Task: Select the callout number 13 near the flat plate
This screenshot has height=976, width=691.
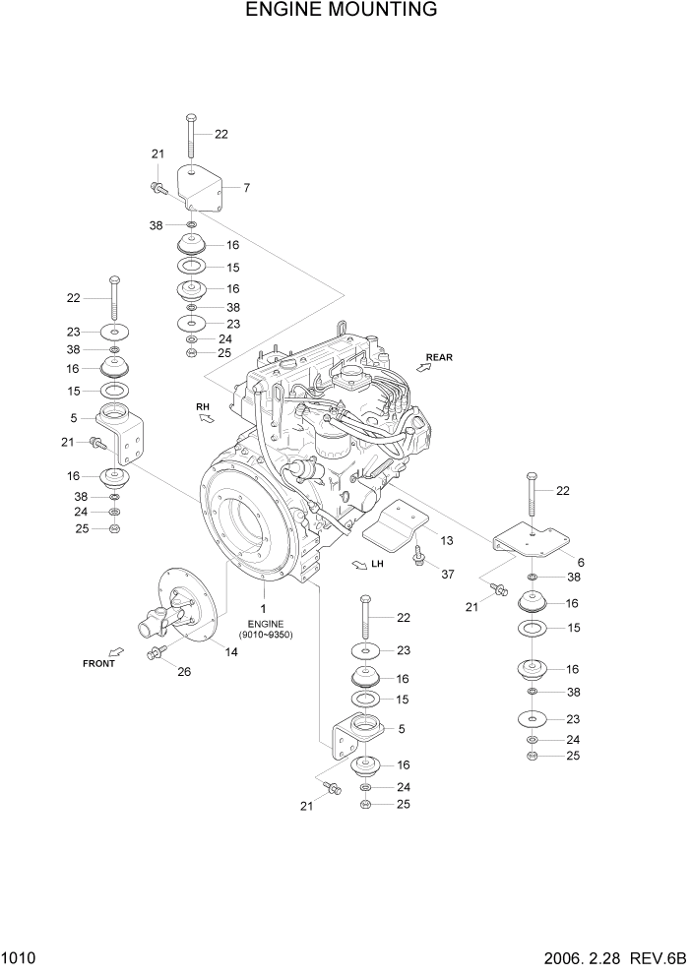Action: click(446, 540)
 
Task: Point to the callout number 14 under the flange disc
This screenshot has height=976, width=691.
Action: click(232, 651)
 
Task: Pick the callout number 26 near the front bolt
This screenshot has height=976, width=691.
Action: click(183, 672)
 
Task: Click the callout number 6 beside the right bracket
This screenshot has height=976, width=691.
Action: click(581, 562)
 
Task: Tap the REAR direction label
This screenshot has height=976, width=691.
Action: click(440, 357)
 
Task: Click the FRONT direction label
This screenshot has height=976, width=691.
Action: click(98, 663)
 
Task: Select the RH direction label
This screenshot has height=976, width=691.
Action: click(203, 405)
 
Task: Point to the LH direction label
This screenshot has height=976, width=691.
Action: click(377, 565)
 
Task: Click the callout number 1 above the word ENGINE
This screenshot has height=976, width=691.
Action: click(265, 610)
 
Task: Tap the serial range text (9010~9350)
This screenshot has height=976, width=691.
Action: click(265, 635)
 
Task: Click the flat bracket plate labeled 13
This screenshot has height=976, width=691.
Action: click(397, 523)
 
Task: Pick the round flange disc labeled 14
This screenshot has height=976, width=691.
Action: click(197, 605)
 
